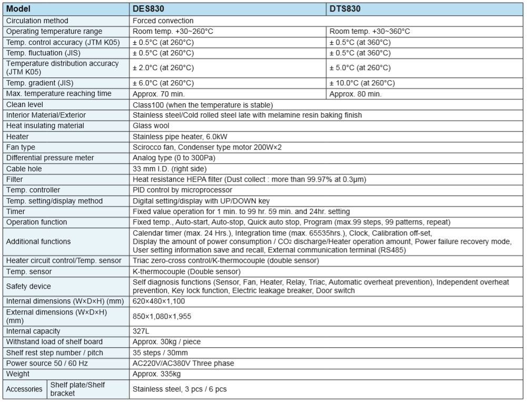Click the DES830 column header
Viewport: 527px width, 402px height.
147,9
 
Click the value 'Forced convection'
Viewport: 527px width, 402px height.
163,21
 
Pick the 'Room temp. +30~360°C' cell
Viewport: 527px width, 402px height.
370,32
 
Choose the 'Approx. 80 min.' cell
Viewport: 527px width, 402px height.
355,94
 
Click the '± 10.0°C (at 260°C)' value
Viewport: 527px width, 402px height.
362,83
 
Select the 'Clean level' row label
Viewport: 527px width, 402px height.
25,104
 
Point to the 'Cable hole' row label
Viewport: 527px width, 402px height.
24,169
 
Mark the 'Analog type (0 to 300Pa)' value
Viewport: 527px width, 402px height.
174,158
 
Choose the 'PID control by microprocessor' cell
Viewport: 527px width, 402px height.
182,190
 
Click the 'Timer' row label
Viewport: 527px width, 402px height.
15,211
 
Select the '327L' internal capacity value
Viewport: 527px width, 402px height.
141,331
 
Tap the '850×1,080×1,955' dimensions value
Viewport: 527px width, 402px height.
162,316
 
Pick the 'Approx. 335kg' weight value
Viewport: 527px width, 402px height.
156,374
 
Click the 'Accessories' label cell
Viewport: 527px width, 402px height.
24,389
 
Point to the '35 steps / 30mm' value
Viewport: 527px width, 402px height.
160,352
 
